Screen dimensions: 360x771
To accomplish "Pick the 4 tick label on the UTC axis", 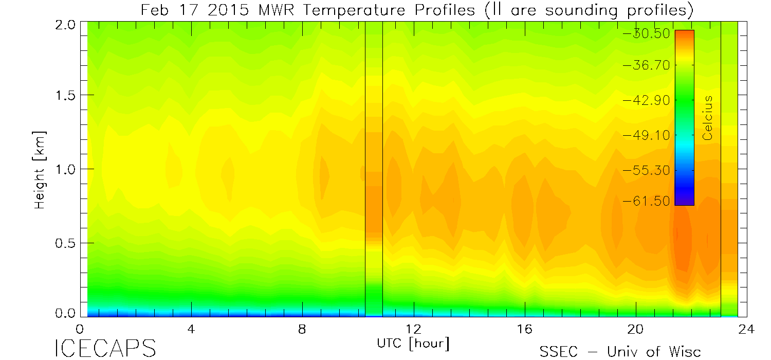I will [191, 329].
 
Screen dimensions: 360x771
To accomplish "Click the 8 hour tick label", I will [302, 329].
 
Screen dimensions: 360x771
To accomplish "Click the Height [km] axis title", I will [40, 169].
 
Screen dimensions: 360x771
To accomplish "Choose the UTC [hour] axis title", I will [413, 343].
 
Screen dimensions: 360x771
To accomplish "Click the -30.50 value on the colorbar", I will [646, 34].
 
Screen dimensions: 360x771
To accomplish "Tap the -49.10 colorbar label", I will [646, 135].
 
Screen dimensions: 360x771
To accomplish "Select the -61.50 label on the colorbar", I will [646, 201].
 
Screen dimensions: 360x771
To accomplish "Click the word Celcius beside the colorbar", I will [708, 118].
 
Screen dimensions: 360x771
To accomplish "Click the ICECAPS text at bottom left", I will [105, 349].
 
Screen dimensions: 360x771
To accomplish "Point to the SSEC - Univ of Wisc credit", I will [620, 351].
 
